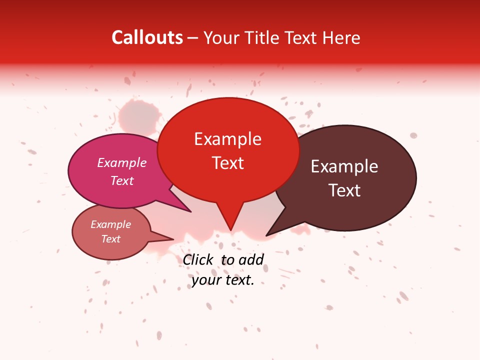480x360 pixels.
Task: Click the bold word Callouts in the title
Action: tap(147, 37)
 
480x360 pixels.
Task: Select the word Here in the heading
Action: tap(341, 37)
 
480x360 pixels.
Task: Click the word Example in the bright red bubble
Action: tap(227, 139)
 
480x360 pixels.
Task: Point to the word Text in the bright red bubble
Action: tap(227, 163)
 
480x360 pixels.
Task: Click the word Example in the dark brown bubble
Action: tap(344, 166)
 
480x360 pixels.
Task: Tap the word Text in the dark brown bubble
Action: tap(344, 190)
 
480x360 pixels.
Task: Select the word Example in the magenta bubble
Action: tap(122, 162)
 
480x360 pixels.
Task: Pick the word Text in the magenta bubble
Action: tap(122, 180)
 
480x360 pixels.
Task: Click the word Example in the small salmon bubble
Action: tap(110, 224)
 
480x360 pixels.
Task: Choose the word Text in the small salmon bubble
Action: tap(110, 239)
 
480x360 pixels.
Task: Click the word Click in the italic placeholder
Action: tap(197, 259)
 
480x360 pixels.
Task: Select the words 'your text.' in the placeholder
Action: tap(223, 280)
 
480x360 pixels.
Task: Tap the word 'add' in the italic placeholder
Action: tap(251, 259)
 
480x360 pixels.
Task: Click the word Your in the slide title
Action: tap(218, 37)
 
